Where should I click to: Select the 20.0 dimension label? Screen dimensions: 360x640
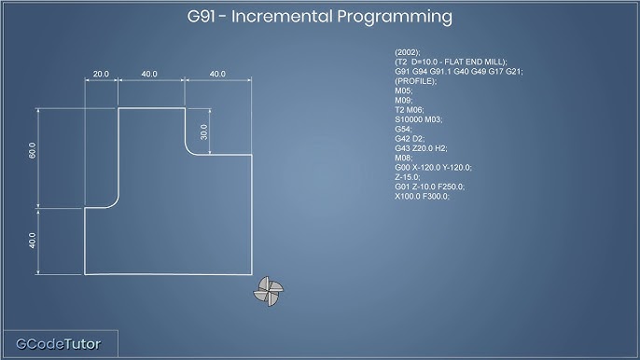click(x=101, y=74)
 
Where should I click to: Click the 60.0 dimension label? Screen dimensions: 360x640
click(x=32, y=151)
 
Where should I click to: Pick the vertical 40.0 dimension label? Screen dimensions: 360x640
click(x=32, y=241)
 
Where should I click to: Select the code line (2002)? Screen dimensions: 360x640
click(x=408, y=52)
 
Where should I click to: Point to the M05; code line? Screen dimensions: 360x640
click(x=404, y=91)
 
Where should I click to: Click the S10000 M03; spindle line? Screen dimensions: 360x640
click(x=419, y=119)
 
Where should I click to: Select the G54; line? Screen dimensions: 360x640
click(x=404, y=129)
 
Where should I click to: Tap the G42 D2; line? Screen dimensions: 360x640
click(x=411, y=139)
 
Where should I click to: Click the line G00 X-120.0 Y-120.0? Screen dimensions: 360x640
click(x=433, y=167)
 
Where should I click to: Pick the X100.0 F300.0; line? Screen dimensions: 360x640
click(x=422, y=196)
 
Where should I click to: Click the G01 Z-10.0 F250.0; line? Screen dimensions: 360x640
click(x=429, y=187)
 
